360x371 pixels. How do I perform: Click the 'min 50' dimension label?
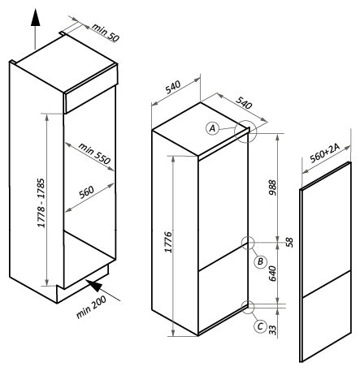(x=106, y=32)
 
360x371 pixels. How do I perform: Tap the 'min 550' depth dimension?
(x=94, y=153)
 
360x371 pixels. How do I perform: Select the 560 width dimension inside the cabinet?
(x=86, y=192)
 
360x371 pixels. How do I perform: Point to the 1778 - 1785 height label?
(x=41, y=203)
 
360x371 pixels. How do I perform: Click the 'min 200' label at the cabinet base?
(x=91, y=307)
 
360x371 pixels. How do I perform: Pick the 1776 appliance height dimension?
(x=168, y=242)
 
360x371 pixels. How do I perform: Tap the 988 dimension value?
(x=272, y=188)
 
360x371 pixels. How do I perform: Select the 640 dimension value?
(x=272, y=274)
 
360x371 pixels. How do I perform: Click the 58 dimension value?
(x=289, y=243)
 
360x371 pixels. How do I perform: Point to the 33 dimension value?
(x=272, y=330)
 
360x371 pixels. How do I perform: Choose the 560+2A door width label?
(x=325, y=153)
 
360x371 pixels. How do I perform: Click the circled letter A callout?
(x=213, y=128)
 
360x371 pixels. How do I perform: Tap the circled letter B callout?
(x=260, y=261)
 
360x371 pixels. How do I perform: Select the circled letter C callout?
(x=260, y=326)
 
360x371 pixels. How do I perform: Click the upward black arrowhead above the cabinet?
(x=35, y=17)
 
